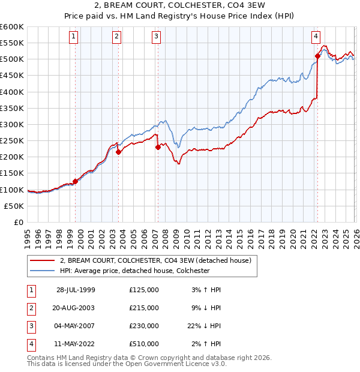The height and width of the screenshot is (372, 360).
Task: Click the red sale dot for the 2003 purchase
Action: [x=119, y=152]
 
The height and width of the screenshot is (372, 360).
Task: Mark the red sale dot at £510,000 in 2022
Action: [x=317, y=56]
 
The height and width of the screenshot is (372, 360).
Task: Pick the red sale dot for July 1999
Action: [x=76, y=181]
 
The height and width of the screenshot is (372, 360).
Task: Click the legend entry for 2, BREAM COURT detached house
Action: [x=158, y=260]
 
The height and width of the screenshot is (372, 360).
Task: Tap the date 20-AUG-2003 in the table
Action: [x=76, y=307]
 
